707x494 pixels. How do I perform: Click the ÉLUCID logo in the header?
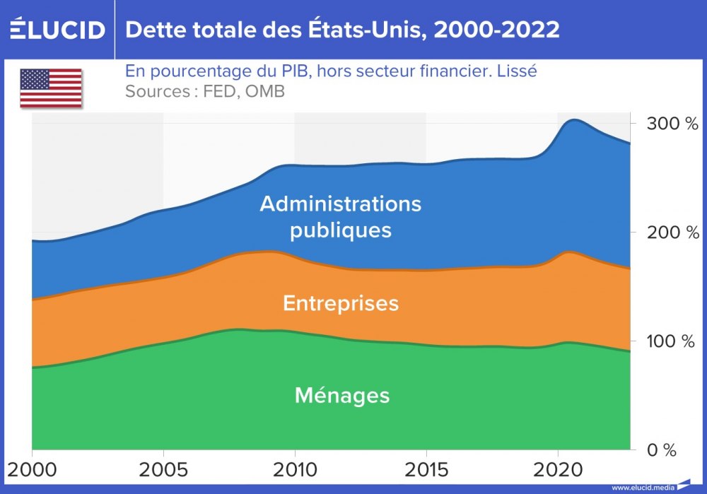tap(57, 29)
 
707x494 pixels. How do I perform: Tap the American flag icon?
tap(50, 88)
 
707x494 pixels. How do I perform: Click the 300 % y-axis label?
tap(663, 124)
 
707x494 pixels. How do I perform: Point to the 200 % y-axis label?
tap(663, 233)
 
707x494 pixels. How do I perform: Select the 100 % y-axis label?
tap(663, 341)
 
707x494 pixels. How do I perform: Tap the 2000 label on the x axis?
tap(33, 469)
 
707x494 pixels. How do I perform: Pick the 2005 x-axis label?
tap(163, 469)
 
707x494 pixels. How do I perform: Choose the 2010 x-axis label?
tap(295, 469)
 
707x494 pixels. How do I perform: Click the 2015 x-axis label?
tap(426, 469)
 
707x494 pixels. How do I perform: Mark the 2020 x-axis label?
tap(557, 469)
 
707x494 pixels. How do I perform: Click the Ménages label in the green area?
tap(342, 395)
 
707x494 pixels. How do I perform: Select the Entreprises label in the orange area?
tap(341, 303)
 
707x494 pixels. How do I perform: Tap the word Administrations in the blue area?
tap(340, 204)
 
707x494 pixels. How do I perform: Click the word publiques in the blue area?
tap(341, 230)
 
